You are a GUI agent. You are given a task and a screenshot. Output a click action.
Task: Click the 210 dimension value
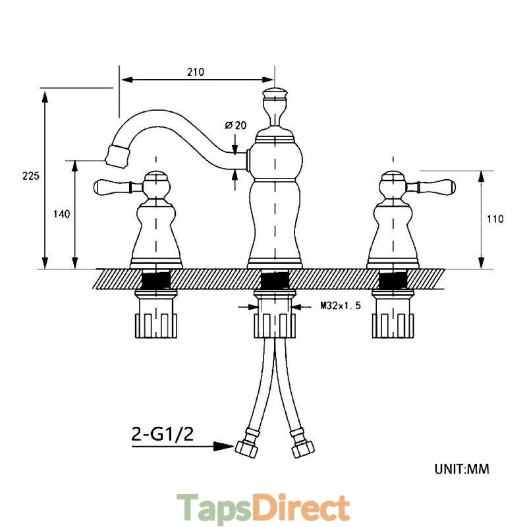coord(196,72)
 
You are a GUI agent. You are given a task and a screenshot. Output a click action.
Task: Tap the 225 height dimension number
coord(31,176)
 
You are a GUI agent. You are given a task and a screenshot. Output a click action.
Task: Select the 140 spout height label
coord(62,213)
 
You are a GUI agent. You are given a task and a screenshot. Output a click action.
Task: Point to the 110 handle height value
coord(495,219)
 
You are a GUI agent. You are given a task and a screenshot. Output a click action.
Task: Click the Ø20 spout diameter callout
coord(236,125)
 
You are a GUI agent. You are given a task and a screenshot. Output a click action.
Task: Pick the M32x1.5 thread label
coord(341,306)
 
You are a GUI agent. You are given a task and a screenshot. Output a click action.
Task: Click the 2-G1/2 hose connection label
coord(162,434)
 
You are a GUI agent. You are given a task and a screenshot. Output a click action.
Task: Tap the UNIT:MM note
coord(462,469)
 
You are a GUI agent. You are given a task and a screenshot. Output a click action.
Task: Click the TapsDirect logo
coord(263,507)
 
